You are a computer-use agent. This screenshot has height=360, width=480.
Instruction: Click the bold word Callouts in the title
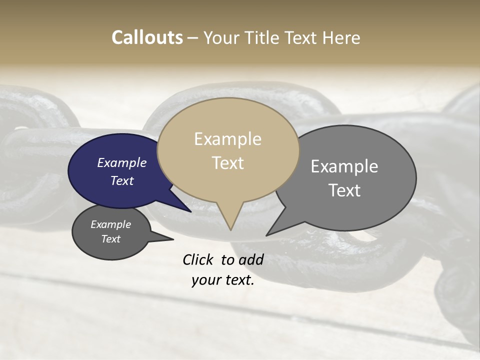[147, 37]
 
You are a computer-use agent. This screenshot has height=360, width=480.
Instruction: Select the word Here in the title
[341, 37]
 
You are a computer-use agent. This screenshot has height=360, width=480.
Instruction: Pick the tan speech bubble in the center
[228, 150]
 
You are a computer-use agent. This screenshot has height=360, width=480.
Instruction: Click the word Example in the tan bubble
[227, 138]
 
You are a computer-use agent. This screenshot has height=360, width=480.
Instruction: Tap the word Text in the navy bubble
[122, 180]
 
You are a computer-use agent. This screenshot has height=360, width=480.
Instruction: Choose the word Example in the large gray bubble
[344, 166]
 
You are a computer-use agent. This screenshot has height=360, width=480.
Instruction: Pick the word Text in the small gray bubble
[111, 239]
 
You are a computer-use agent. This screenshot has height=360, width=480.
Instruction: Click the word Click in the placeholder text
[197, 259]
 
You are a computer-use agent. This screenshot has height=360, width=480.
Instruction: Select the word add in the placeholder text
[251, 259]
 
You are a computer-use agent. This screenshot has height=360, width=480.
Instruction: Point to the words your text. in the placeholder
[223, 280]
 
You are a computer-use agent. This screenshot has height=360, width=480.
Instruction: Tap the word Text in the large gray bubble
[344, 190]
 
